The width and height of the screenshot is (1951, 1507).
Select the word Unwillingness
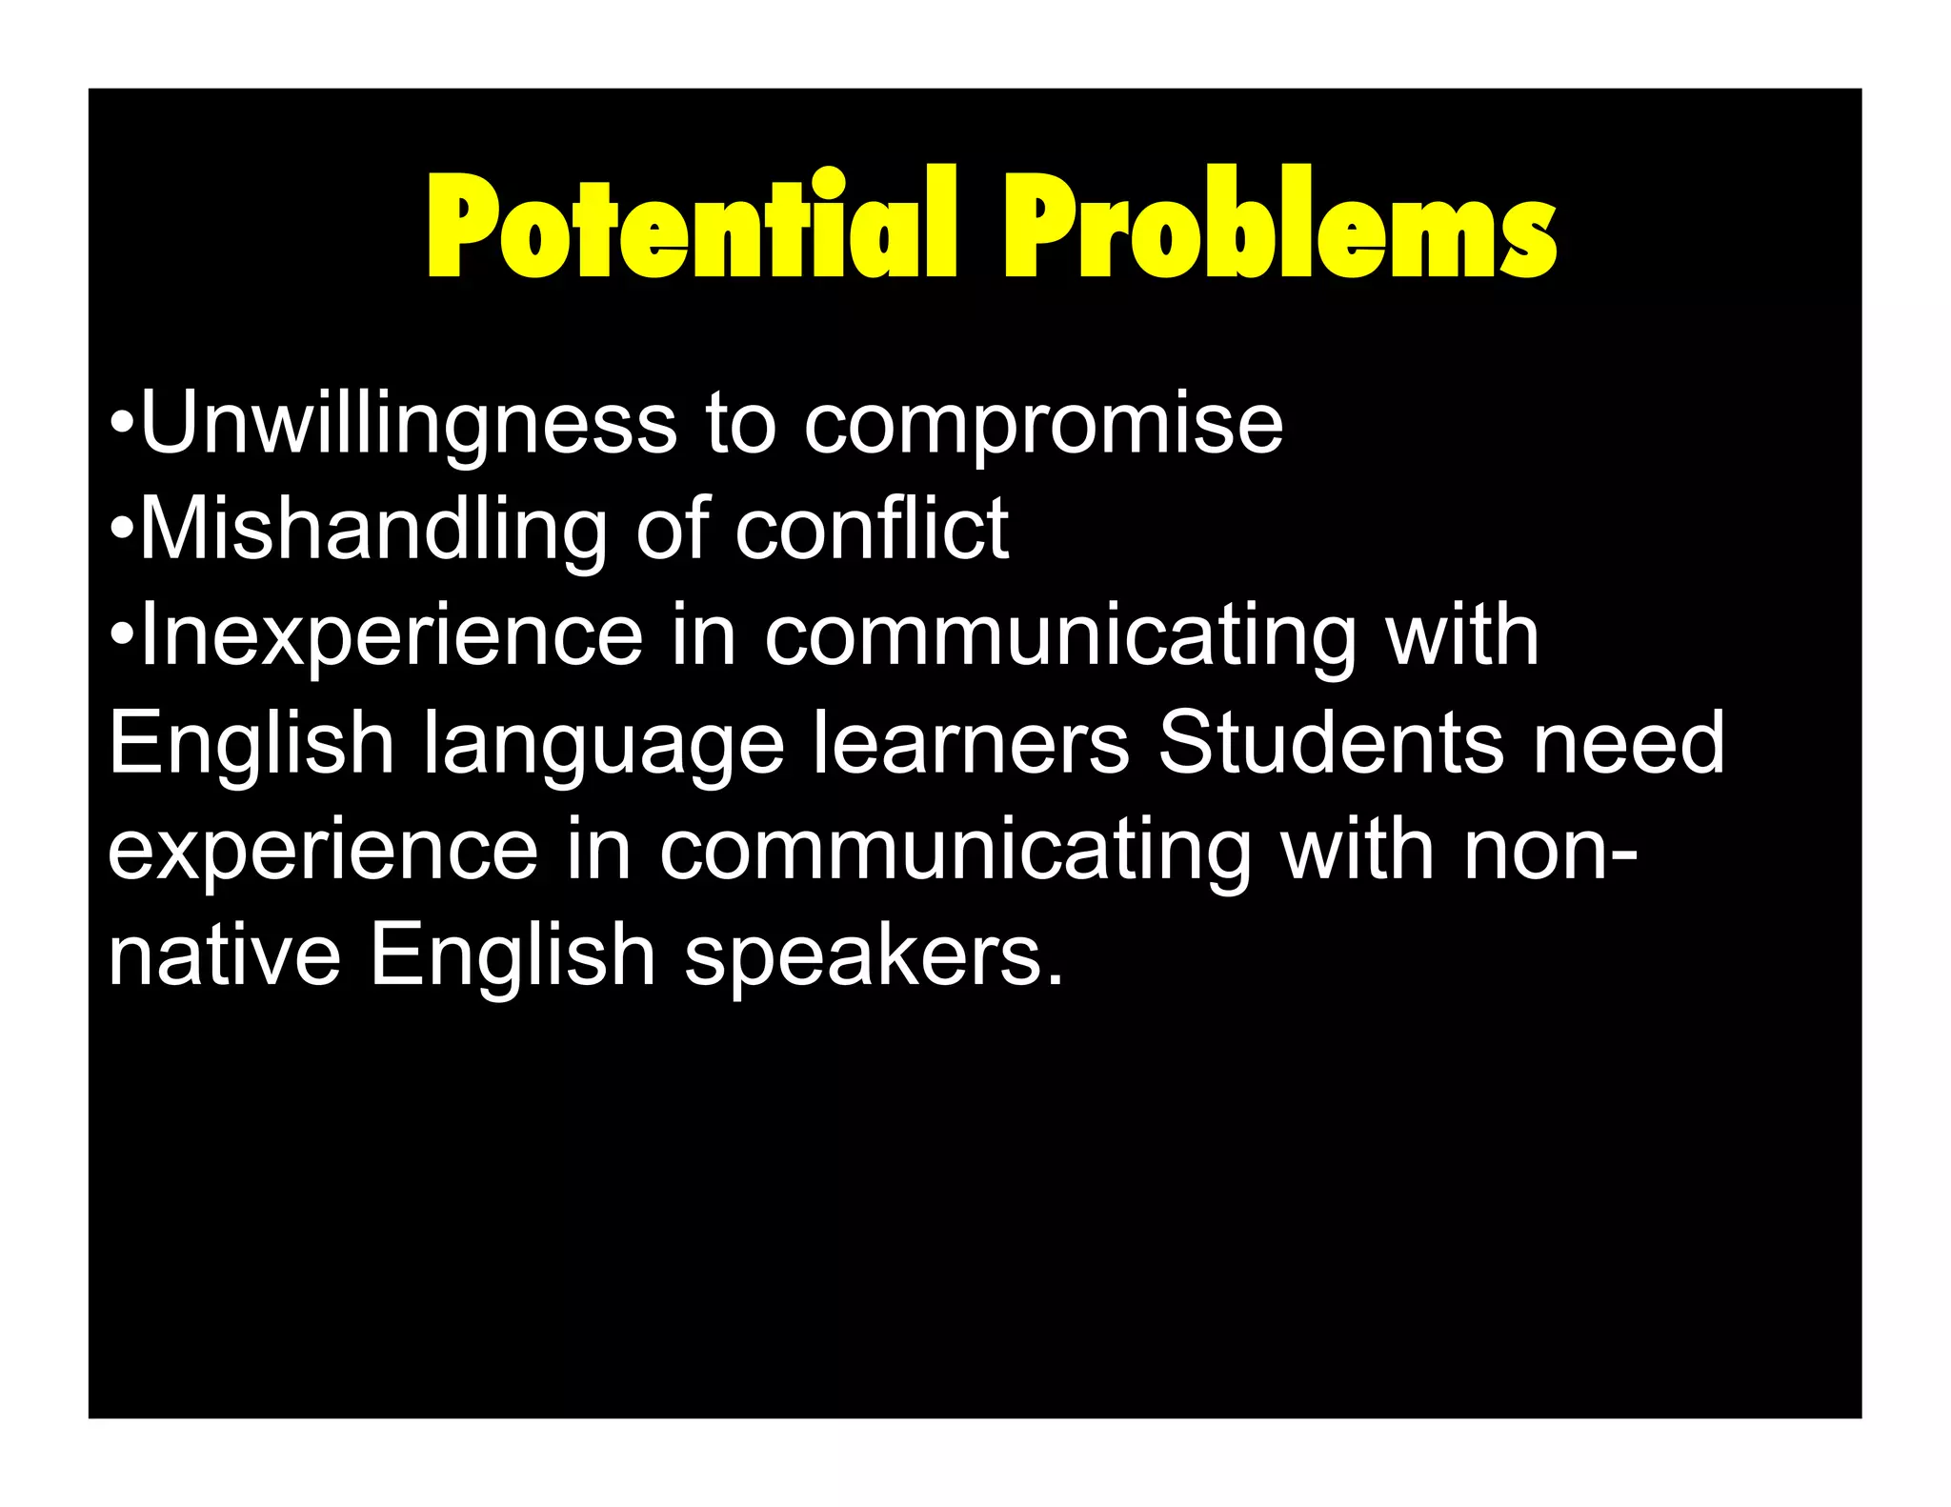[409, 424]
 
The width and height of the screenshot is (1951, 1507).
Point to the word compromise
[1044, 424]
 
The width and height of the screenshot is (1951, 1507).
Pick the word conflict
[872, 530]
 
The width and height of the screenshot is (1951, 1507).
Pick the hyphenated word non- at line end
[1550, 850]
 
